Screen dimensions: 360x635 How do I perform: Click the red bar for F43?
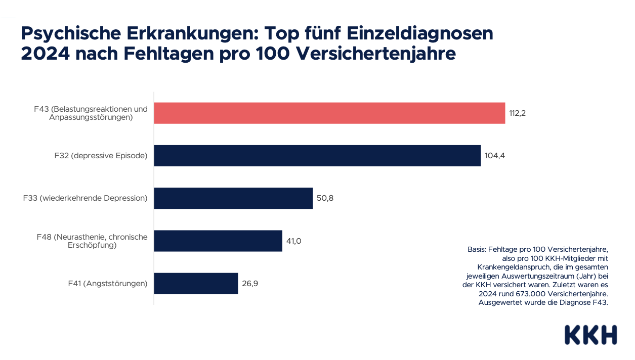click(x=329, y=113)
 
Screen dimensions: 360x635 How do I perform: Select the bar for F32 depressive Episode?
click(x=317, y=156)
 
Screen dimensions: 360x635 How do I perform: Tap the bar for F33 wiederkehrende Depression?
click(x=233, y=198)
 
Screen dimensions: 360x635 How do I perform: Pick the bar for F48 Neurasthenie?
click(x=218, y=241)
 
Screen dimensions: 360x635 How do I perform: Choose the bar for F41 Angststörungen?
click(x=196, y=283)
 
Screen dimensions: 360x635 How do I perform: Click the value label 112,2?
click(x=518, y=113)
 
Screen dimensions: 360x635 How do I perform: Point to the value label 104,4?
click(x=495, y=156)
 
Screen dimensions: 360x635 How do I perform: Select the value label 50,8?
click(x=325, y=198)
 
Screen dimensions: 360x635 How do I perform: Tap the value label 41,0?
click(x=294, y=241)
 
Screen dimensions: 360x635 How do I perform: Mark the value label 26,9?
click(x=250, y=283)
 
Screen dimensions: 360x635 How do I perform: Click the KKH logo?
click(x=590, y=335)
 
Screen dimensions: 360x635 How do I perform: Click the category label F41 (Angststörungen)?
click(x=108, y=284)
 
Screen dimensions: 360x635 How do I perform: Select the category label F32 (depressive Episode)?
click(x=101, y=156)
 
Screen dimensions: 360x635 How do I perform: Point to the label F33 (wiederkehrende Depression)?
click(x=85, y=198)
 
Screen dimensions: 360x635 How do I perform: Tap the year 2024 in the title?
click(x=45, y=53)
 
